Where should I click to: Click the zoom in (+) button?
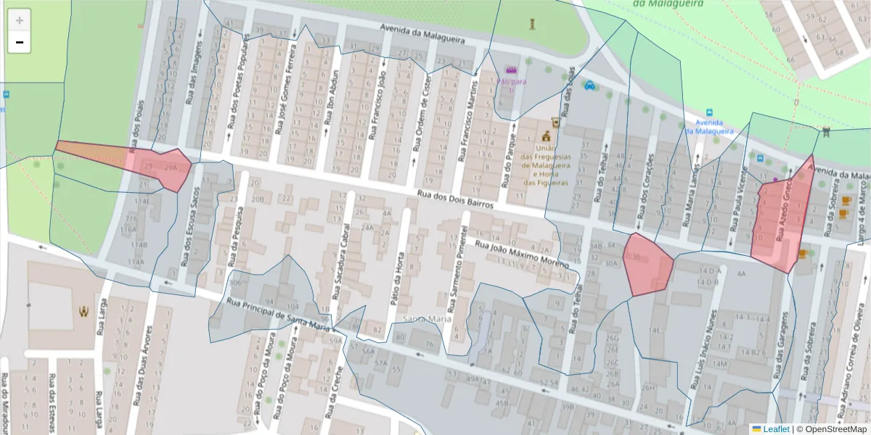[20, 20]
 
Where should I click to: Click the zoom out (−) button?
[20, 43]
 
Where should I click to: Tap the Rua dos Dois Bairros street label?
[456, 199]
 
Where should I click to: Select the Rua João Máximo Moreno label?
[520, 254]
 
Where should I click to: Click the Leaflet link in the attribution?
[775, 429]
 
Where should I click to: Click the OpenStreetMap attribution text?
[831, 429]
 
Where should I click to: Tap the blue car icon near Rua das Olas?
[589, 85]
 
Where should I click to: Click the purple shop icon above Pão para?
[511, 70]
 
